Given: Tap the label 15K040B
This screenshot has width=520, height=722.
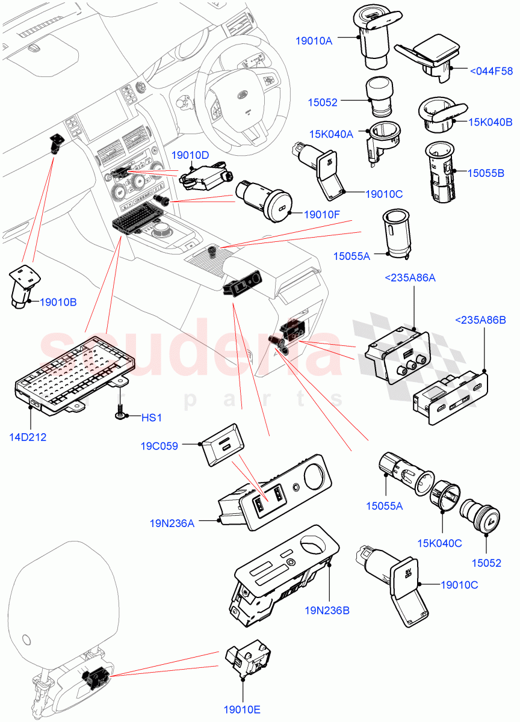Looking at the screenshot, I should (x=491, y=122).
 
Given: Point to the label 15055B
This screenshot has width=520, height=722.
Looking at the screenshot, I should (x=487, y=173).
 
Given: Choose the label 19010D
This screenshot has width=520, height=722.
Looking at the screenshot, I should (x=190, y=156).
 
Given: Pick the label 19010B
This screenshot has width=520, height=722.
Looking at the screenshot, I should (x=58, y=302).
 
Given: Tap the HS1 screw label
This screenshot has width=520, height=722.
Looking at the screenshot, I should (x=152, y=417).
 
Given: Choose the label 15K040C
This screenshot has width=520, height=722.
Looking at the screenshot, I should (x=439, y=543).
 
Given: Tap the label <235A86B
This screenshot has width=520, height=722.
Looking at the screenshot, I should (x=481, y=319).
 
